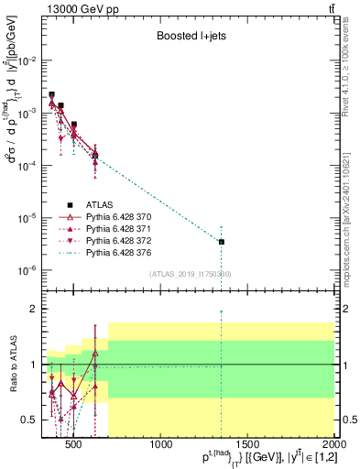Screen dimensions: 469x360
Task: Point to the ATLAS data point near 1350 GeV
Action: [222, 242]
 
